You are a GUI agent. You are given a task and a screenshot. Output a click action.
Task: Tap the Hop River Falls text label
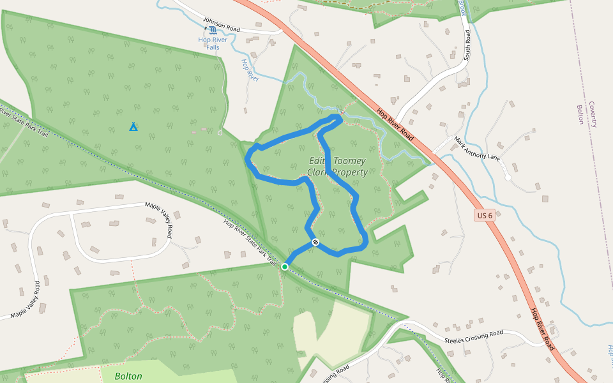(x=213, y=40)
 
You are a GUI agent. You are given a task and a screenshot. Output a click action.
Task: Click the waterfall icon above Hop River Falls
(x=213, y=29)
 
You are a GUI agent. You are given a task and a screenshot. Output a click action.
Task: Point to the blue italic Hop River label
(x=250, y=70)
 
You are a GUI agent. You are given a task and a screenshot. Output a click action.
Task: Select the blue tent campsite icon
(x=133, y=126)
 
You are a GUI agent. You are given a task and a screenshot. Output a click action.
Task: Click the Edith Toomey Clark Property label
(x=337, y=166)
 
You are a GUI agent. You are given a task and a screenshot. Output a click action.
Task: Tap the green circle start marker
(x=285, y=266)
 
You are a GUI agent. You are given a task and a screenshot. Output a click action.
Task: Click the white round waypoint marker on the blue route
(x=315, y=242)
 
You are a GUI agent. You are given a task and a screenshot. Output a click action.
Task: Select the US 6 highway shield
(x=485, y=216)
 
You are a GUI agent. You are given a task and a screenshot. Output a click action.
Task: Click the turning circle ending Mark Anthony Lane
(x=508, y=177)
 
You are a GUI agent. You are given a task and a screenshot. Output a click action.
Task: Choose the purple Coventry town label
(x=592, y=114)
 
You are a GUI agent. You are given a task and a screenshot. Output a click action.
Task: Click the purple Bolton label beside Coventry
(x=580, y=114)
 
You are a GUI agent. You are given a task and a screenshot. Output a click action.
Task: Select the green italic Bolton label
(x=129, y=376)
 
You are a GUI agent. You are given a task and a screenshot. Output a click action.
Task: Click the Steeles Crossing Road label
(x=474, y=336)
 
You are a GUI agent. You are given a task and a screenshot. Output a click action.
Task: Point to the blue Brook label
(x=462, y=8)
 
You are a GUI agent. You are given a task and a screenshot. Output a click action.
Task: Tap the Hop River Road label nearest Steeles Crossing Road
(x=543, y=329)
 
